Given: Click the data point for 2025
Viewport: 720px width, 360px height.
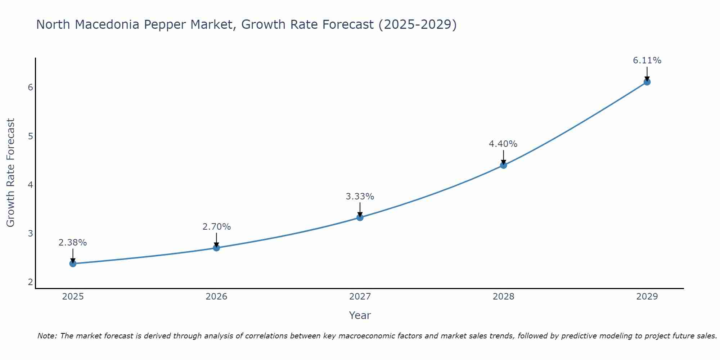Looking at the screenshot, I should [x=73, y=264].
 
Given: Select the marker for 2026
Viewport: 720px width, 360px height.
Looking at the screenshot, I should [x=216, y=248].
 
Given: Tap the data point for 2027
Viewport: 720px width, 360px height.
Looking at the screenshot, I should [x=360, y=217].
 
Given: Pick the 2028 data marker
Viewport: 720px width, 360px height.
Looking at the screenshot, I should [x=503, y=165].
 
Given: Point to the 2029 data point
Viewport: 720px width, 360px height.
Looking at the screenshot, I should [x=647, y=82].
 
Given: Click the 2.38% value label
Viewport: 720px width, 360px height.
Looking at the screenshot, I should [x=73, y=243].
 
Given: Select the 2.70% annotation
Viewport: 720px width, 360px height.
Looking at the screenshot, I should [x=216, y=227].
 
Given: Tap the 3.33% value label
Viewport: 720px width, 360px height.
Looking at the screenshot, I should [x=360, y=197].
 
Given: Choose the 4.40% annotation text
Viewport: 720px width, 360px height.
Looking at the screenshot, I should [x=503, y=144].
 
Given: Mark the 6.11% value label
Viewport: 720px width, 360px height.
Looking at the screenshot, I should [x=647, y=60].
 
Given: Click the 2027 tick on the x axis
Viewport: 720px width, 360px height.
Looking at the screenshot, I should [x=360, y=297].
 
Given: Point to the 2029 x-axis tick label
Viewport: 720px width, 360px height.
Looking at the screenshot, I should [x=647, y=297].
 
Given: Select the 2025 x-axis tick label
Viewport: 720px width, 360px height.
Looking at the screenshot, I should [x=73, y=297].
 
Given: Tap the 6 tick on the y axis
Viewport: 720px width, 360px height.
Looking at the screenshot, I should [x=30, y=87].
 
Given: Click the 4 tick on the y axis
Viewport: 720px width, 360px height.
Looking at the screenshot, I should [x=30, y=185].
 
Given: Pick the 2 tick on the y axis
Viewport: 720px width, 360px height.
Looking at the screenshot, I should [x=30, y=282].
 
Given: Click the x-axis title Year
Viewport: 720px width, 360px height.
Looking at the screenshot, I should [x=360, y=315].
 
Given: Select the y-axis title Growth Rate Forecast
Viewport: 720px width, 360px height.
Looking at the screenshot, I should [x=11, y=173].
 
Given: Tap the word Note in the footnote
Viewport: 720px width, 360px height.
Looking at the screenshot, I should [x=47, y=336].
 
